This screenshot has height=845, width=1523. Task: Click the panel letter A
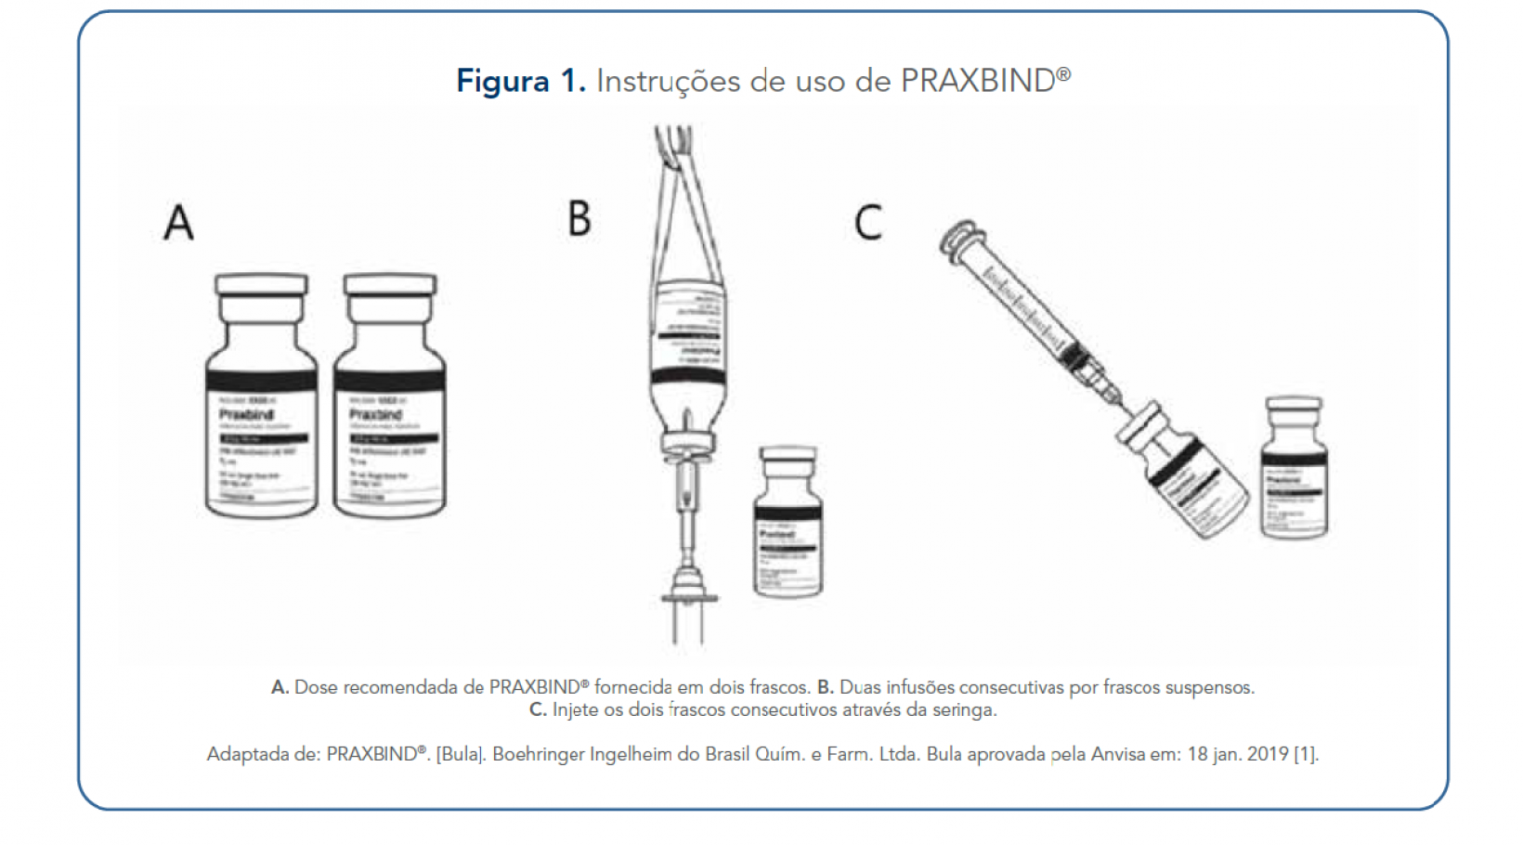tap(179, 223)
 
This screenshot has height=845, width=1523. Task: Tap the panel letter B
tap(579, 219)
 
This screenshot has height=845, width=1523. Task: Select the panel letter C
tap(868, 223)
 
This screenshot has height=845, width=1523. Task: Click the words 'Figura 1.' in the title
tap(520, 81)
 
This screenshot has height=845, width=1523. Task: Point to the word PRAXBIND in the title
tap(978, 81)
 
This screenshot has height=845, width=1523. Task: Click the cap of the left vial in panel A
tap(261, 284)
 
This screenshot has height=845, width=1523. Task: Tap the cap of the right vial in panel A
tap(390, 284)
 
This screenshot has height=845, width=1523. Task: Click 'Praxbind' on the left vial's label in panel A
tap(247, 414)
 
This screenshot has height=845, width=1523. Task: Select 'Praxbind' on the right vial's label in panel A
tap(376, 414)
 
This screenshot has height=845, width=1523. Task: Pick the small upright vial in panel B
tap(788, 525)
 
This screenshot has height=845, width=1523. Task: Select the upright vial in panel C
tap(1294, 469)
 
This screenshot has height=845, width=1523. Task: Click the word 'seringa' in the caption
tap(965, 710)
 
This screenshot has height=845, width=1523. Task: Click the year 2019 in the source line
tap(1268, 754)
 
